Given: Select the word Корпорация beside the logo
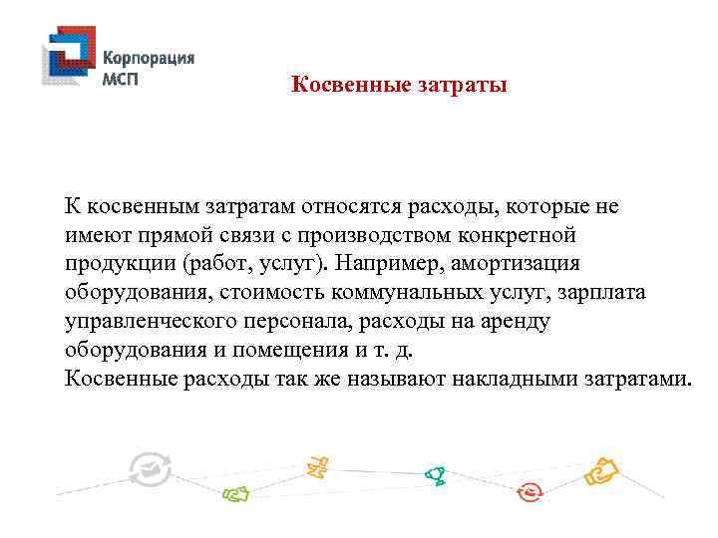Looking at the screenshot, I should click(x=149, y=57).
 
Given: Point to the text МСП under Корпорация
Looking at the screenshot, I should click(x=122, y=78).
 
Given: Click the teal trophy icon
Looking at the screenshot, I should click(x=434, y=476).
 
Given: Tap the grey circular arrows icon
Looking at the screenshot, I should click(x=151, y=468).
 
